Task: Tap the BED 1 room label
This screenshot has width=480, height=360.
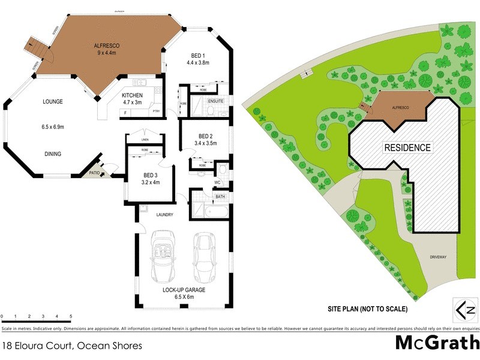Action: [x=197, y=55]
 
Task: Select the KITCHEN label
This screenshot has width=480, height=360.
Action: [x=132, y=95]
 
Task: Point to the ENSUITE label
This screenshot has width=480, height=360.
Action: [x=215, y=101]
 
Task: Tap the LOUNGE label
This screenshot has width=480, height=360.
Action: [x=52, y=102]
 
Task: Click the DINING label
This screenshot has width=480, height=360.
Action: [x=52, y=154]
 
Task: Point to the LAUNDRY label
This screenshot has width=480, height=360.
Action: [x=165, y=214]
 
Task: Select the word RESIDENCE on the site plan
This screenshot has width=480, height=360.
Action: [x=407, y=147]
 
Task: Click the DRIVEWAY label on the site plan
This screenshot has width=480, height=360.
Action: [x=438, y=257]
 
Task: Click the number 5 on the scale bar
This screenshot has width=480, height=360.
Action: [x=71, y=316]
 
